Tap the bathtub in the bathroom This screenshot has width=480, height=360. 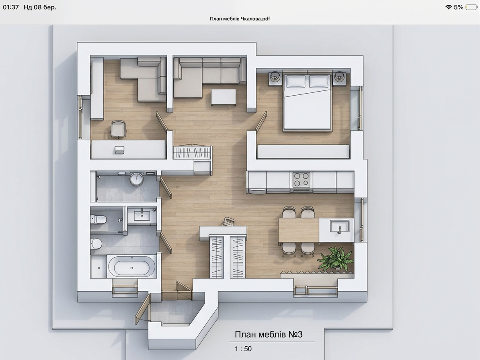[131, 267]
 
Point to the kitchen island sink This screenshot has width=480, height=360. [339, 227]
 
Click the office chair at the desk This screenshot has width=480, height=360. [119, 129]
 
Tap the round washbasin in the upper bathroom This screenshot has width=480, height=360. [137, 179]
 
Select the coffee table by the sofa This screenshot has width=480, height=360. [224, 97]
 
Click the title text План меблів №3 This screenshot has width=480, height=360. [269, 334]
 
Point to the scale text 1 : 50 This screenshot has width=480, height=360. [243, 349]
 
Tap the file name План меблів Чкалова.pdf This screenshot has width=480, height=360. [240, 18]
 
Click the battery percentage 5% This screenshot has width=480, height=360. [459, 7]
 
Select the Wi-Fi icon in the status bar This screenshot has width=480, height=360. [449, 7]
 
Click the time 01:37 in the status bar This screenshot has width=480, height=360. [11, 7]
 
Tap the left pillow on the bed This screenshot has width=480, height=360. [295, 81]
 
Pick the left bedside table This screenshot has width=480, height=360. [275, 79]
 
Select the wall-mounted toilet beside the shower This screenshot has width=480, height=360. [98, 219]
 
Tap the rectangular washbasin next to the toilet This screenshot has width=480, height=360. [142, 214]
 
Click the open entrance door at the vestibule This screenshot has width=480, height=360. [143, 309]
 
